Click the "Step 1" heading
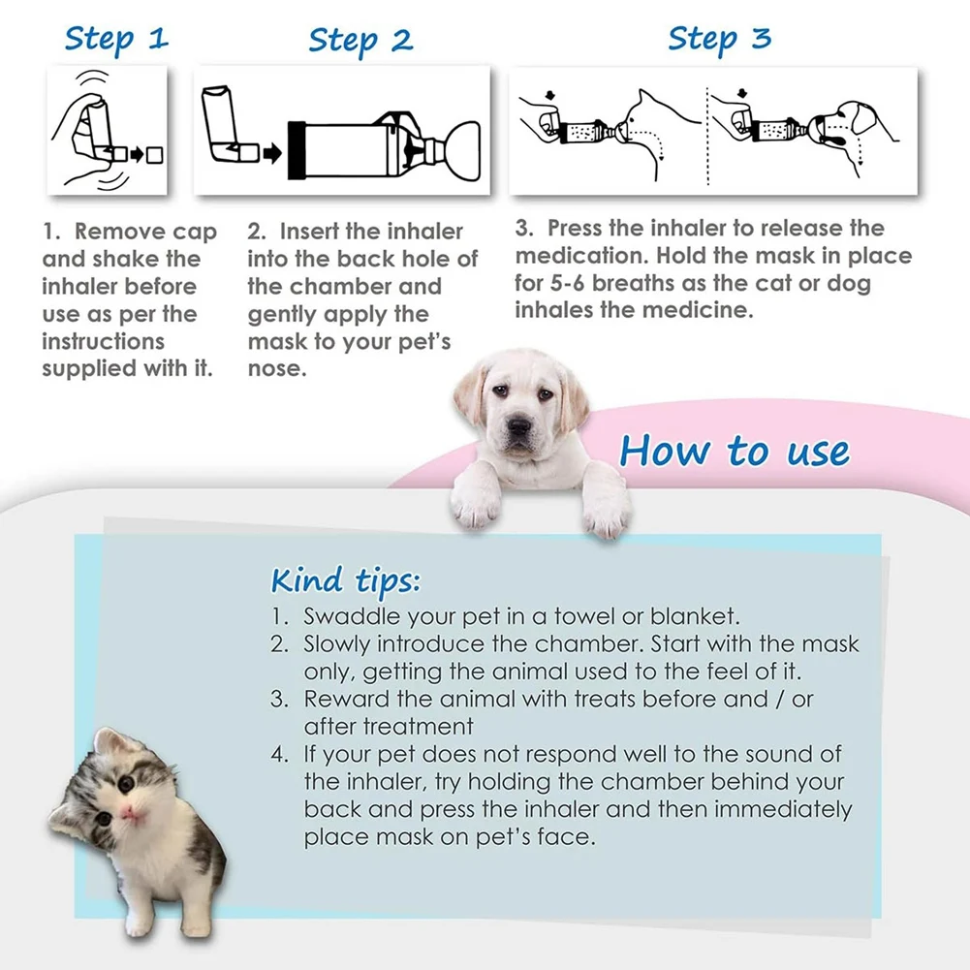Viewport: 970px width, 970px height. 116,41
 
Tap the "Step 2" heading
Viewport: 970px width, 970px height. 360,42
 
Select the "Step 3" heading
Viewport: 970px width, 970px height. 719,41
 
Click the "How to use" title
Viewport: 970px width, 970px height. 735,451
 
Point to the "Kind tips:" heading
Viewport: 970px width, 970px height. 345,580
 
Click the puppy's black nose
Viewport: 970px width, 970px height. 518,426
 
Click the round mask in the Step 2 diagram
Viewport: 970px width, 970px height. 461,151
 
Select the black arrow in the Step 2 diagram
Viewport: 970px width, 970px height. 272,153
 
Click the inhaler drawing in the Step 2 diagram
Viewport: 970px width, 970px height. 228,126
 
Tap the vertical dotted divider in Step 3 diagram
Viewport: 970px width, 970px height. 707,136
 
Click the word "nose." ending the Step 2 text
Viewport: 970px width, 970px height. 277,369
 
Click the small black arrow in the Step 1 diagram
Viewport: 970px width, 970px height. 136,153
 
